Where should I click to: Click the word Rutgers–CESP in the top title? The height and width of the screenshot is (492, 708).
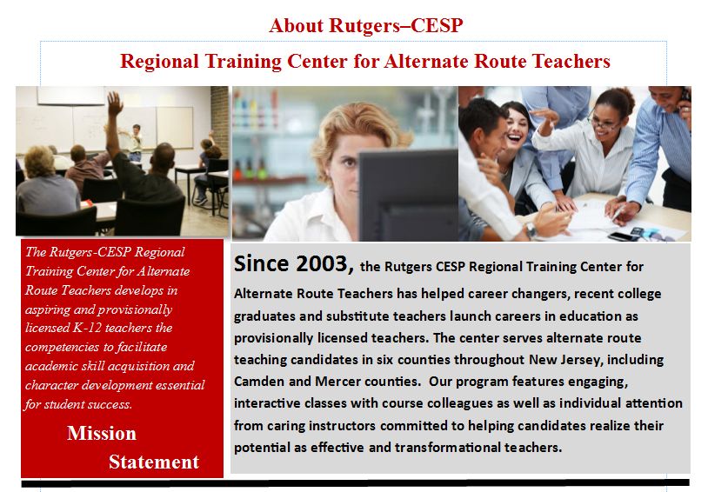point(396,25)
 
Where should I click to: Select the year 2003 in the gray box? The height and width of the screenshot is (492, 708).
point(322,263)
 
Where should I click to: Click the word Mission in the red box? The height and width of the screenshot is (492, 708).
point(102,433)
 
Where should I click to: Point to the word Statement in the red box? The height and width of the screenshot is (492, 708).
point(154,462)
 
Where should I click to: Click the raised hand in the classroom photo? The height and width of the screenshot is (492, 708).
point(115,103)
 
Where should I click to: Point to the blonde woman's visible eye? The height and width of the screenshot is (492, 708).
point(350,160)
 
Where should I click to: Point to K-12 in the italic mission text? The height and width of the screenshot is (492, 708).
point(88,327)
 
